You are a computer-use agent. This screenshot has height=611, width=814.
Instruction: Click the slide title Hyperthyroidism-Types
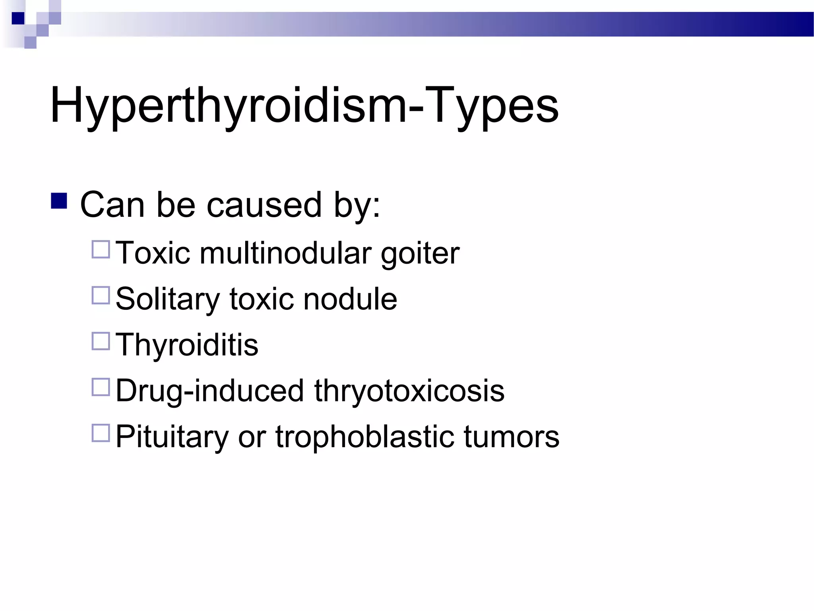(x=304, y=105)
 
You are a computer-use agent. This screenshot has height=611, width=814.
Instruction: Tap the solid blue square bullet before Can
(x=59, y=201)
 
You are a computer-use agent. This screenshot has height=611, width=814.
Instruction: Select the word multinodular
(x=285, y=253)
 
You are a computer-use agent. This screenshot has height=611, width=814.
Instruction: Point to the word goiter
(x=420, y=254)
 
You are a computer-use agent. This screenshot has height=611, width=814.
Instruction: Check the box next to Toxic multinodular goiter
(x=101, y=249)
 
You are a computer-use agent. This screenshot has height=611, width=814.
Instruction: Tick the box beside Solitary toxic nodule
(x=101, y=295)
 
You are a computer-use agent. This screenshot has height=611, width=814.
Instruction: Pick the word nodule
(x=350, y=299)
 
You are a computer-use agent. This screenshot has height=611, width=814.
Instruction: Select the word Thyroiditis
(x=187, y=345)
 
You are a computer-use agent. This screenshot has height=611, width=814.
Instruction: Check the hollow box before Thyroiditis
(x=101, y=341)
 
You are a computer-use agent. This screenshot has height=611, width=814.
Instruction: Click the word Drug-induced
(x=209, y=391)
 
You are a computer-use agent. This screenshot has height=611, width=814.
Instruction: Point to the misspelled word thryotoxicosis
(x=409, y=391)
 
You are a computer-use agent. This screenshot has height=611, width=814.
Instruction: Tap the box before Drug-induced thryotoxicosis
(x=101, y=387)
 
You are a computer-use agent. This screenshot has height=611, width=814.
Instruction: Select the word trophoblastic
(x=364, y=437)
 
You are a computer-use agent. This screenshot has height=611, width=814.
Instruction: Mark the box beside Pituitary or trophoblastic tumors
(x=101, y=433)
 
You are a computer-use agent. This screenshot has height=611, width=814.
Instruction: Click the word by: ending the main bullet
(x=357, y=205)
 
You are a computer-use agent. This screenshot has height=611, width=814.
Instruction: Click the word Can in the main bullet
(x=112, y=205)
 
